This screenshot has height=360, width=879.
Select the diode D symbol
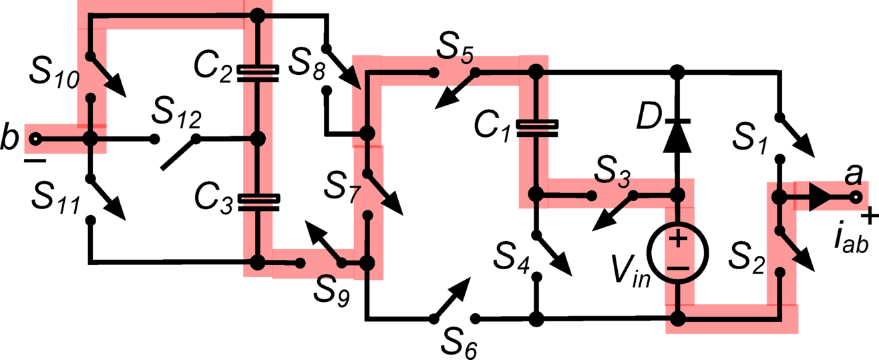click(x=677, y=133)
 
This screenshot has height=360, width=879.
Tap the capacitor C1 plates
click(x=534, y=128)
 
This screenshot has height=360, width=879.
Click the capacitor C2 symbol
click(x=258, y=73)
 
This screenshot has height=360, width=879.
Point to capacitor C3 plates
click(x=258, y=201)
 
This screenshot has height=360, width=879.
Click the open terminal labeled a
click(x=856, y=198)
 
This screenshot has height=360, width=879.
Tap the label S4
click(x=510, y=257)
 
